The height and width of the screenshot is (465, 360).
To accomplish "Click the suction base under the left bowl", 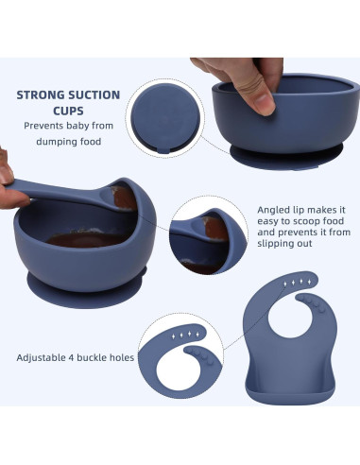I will [85, 282].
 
